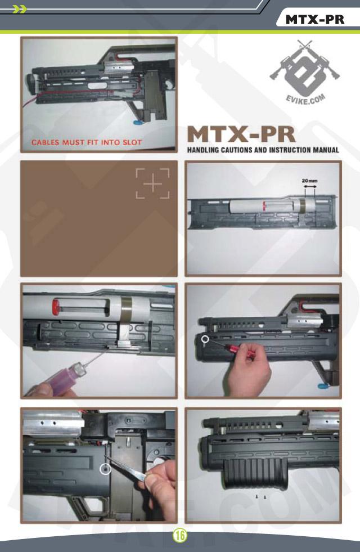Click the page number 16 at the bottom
click(x=179, y=536)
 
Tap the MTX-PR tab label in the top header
click(x=314, y=19)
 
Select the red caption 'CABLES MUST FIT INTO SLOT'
click(x=87, y=142)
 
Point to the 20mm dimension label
click(x=310, y=181)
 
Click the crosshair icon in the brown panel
click(x=153, y=183)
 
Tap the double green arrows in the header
click(x=19, y=9)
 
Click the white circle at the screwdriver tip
click(x=205, y=339)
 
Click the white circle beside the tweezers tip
click(x=106, y=469)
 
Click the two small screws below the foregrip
click(x=260, y=496)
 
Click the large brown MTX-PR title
click(x=241, y=134)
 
